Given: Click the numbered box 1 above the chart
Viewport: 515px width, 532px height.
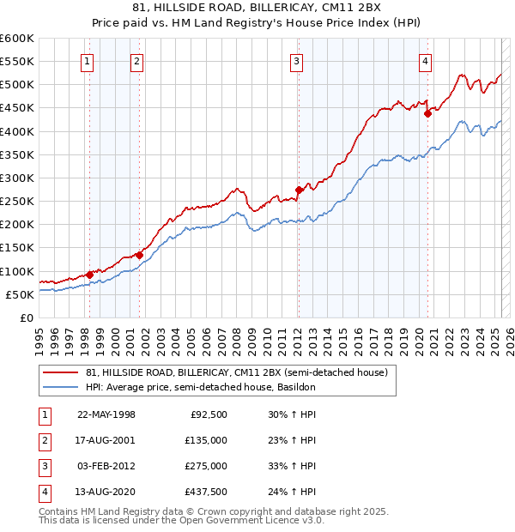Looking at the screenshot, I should [x=88, y=60].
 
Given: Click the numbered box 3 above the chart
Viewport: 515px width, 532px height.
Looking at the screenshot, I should [x=296, y=60].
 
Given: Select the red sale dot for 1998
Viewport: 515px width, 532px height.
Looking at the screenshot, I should [x=89, y=275].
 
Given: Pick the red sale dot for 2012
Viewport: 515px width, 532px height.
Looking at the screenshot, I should [x=298, y=190].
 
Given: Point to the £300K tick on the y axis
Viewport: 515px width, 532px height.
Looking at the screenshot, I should [x=17, y=178].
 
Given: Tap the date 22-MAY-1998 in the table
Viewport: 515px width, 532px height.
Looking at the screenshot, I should [x=106, y=414].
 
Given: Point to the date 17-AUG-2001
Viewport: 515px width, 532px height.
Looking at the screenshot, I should [x=106, y=440].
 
